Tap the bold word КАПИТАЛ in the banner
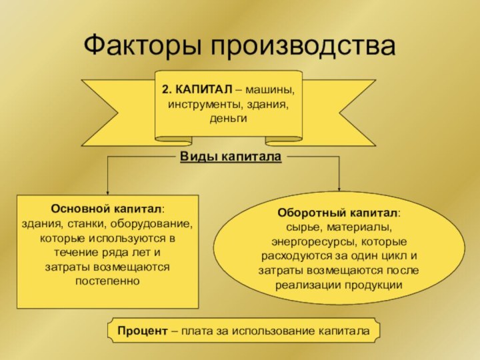click(x=205, y=90)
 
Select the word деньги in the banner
click(x=229, y=119)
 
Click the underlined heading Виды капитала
click(x=231, y=157)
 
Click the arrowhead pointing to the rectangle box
click(x=107, y=192)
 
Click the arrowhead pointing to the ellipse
click(x=339, y=189)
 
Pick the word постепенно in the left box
click(x=107, y=281)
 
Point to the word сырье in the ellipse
click(x=304, y=227)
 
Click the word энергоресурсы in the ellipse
click(x=314, y=242)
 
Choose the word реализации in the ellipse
click(x=308, y=285)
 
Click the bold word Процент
click(x=143, y=331)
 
